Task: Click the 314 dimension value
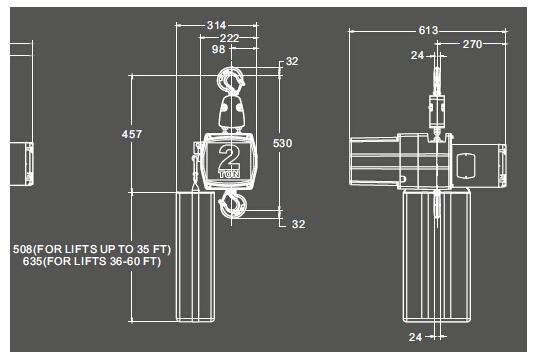pos(216,25)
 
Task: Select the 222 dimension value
pos(229,38)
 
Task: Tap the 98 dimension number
pos(218,49)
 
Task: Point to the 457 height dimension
pos(132,134)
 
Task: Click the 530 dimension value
pos(282,143)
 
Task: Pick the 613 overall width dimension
pos(428,30)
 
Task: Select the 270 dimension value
pos(472,44)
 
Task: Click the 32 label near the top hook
pos(292,61)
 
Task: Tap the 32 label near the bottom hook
pos(298,224)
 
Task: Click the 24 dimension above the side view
pos(417,55)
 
